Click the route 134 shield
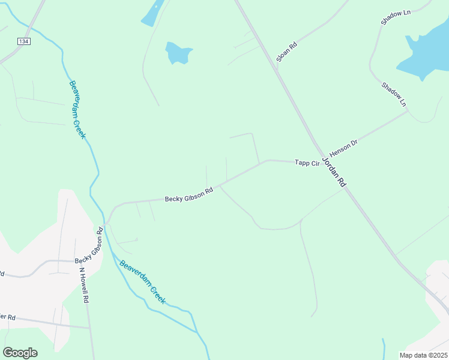[23, 41]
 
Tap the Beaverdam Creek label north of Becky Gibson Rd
[78, 110]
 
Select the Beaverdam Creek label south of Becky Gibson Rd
[142, 281]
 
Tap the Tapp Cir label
[306, 163]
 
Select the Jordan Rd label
[334, 172]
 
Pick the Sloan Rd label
[287, 52]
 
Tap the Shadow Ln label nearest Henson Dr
[394, 95]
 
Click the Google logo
[20, 353]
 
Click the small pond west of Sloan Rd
[179, 53]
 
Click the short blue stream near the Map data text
[383, 346]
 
